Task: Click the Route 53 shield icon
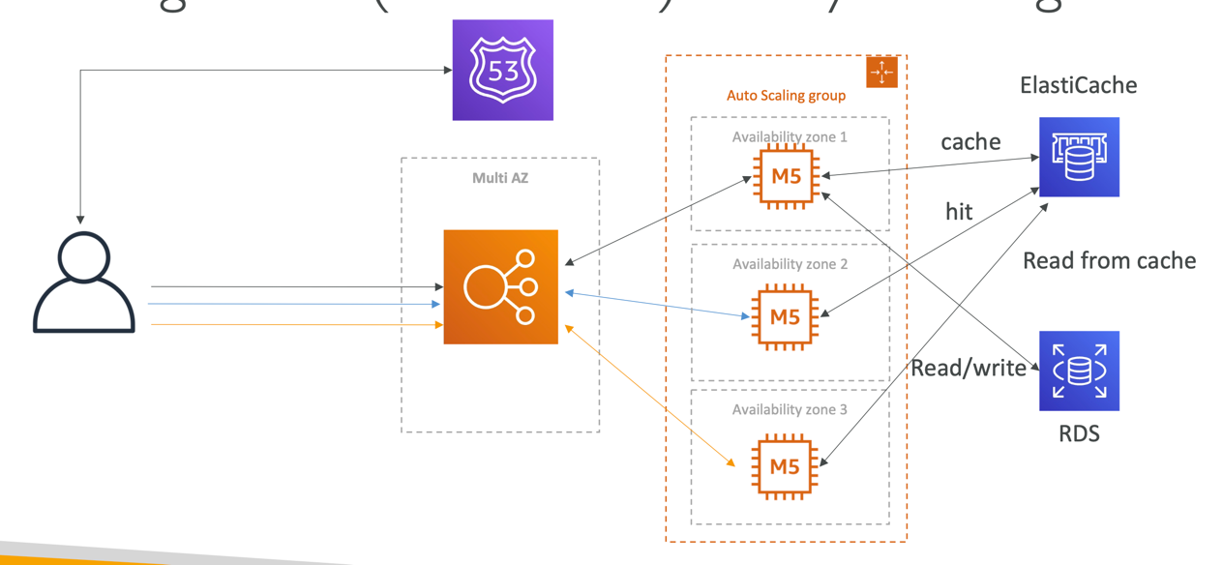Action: point(502,70)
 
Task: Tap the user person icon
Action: point(84,282)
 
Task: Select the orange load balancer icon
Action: point(500,287)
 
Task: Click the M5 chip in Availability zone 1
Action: point(786,176)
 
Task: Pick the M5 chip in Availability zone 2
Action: point(786,314)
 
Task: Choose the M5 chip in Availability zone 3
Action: point(785,466)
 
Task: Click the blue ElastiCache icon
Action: point(1079,157)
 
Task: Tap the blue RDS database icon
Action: point(1079,371)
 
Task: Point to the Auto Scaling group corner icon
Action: point(881,73)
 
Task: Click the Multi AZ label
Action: point(500,178)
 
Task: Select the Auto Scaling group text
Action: point(786,96)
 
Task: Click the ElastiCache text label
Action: point(1078,85)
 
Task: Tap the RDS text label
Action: point(1079,433)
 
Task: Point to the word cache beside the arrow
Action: point(970,142)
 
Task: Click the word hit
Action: point(959,211)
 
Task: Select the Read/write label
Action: point(969,368)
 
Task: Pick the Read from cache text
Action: point(1109,260)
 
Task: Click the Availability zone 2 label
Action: point(790,264)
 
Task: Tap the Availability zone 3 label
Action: point(790,409)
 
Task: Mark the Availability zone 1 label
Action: point(790,137)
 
